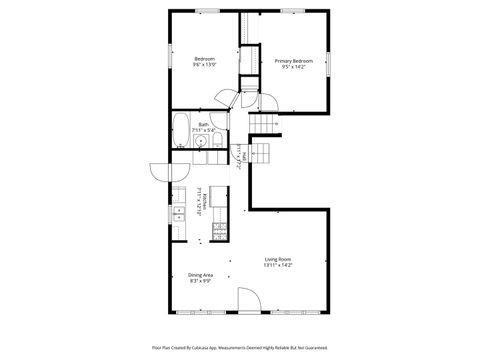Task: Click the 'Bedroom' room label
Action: (204, 59)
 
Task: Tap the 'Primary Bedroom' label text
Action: (287, 60)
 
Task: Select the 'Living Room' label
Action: (277, 258)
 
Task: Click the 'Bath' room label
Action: (204, 124)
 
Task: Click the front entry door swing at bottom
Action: (249, 299)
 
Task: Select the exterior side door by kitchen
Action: (160, 171)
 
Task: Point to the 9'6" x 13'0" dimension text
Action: (204, 66)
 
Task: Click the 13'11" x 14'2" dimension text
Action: (277, 265)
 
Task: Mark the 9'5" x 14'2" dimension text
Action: (287, 67)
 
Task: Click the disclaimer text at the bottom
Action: (240, 348)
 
